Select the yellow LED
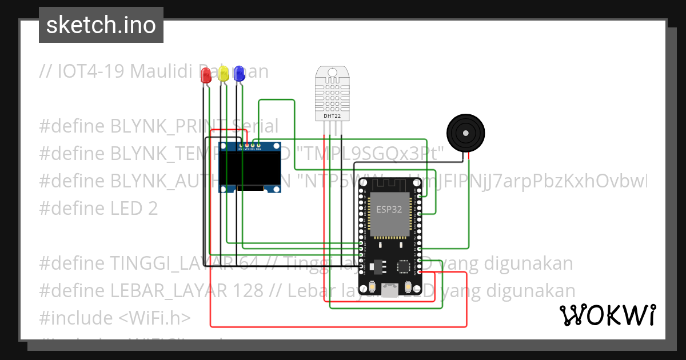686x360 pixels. point(223,73)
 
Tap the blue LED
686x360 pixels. point(239,73)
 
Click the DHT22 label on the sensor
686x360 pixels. point(333,116)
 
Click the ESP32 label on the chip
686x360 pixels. point(389,209)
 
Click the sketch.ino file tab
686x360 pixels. point(101,25)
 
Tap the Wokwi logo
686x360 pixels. point(607,315)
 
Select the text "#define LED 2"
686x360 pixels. point(98,209)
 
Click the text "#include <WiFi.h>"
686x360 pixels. point(115,318)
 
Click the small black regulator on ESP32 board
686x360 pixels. point(376,266)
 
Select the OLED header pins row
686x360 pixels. point(249,146)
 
